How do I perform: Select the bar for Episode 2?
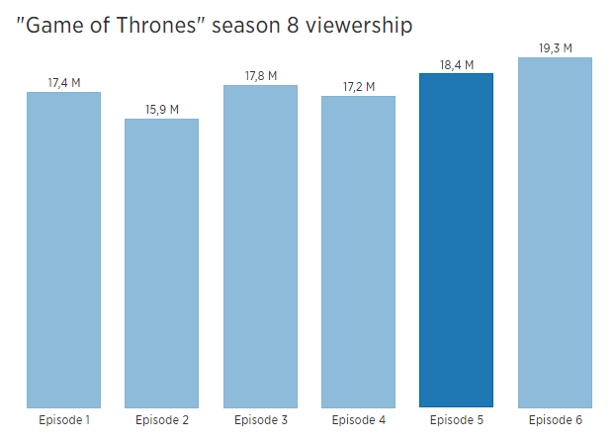pos(161,263)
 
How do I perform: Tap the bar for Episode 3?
pos(260,246)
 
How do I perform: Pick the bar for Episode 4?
pos(358,251)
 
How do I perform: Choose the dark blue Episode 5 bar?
pos(456,240)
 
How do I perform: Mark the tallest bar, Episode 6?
pos(555,232)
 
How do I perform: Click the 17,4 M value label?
pos(64,83)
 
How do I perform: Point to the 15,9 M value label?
pos(161,110)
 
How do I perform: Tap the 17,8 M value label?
pos(260,76)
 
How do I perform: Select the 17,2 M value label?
pos(358,87)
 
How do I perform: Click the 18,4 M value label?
pos(456,65)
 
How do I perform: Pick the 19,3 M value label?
pos(555,47)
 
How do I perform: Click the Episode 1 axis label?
pos(64,421)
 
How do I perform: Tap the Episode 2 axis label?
pos(161,421)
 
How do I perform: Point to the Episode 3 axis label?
pos(260,421)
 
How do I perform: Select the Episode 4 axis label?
pos(358,421)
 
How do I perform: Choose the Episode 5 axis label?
pos(456,421)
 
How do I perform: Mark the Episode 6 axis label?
pos(555,421)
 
